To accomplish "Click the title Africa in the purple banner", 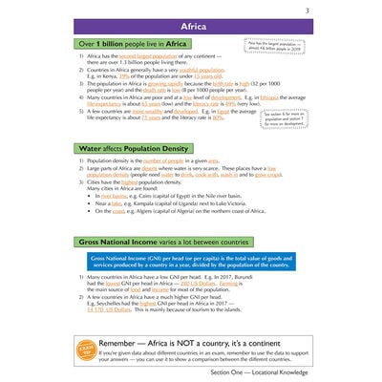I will pyautogui.click(x=191, y=26).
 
